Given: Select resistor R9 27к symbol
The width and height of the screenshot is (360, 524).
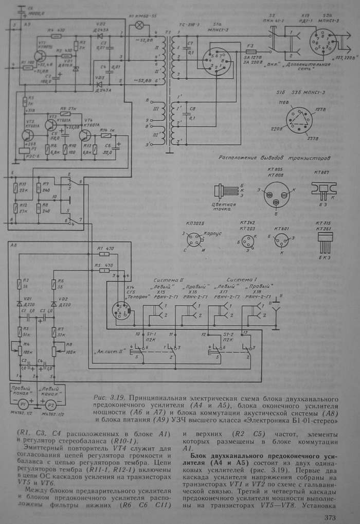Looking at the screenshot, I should click(68, 114).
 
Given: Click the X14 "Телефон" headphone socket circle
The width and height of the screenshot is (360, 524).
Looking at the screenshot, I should click(122, 309).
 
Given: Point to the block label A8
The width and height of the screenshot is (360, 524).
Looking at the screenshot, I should click(14, 246).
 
